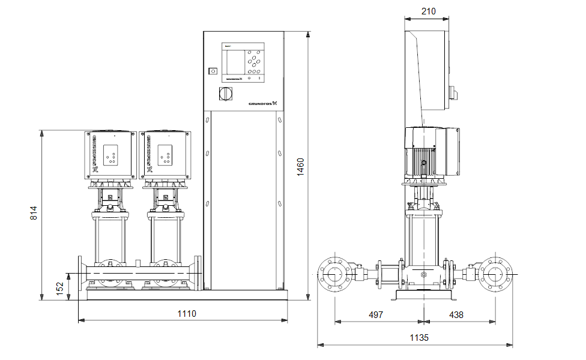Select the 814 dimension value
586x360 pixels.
click(34, 214)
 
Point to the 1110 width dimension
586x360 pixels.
click(187, 313)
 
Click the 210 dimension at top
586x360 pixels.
click(428, 11)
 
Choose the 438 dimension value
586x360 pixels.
click(456, 314)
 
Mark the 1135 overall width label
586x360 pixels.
click(419, 338)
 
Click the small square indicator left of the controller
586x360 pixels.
click(212, 71)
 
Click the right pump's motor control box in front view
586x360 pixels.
click(165, 155)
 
